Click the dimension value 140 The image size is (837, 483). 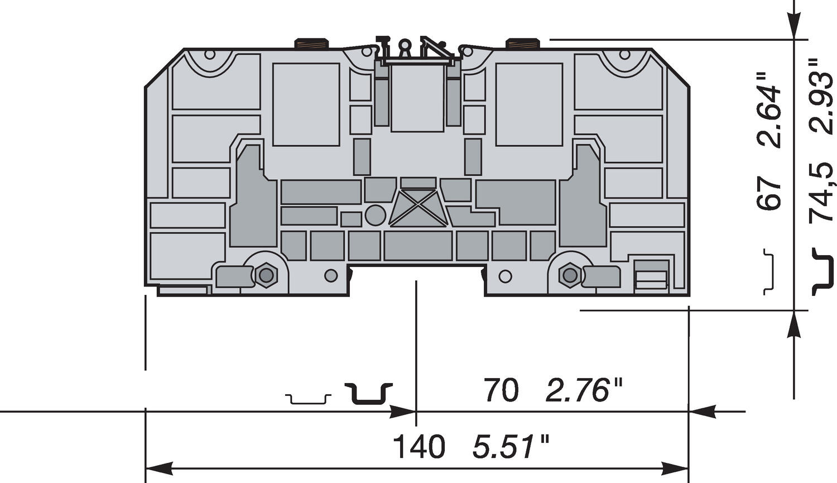[x=419, y=447]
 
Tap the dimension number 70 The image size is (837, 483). [x=501, y=390]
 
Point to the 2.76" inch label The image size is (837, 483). [x=584, y=390]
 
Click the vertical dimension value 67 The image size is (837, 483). [x=770, y=195]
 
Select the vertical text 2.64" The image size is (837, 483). [x=770, y=116]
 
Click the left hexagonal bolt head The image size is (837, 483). [x=266, y=275]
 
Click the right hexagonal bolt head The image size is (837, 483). [x=570, y=275]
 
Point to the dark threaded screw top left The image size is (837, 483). [x=311, y=44]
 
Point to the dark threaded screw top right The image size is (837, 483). [x=523, y=44]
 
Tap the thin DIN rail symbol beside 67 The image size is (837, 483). [x=769, y=271]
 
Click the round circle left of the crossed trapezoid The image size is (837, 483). [x=375, y=215]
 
